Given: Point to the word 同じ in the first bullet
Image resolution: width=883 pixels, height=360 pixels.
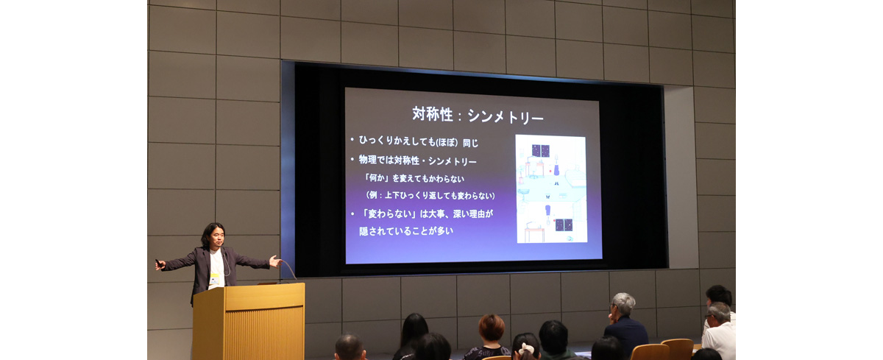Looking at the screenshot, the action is click(x=471, y=143).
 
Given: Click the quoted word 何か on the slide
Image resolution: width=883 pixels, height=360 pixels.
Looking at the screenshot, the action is click(x=377, y=178).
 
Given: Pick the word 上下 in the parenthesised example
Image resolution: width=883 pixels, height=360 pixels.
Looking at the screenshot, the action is click(x=392, y=195).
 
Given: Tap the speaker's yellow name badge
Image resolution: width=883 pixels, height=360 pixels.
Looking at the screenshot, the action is click(x=214, y=279).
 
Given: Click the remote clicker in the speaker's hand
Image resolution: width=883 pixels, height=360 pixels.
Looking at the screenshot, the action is click(x=159, y=263).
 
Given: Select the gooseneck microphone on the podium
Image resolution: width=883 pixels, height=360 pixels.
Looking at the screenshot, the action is click(x=288, y=269).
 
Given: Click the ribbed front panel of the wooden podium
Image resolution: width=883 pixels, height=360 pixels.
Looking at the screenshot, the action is click(x=263, y=333).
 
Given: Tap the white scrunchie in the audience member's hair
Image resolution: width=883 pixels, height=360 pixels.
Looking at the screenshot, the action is click(x=525, y=349).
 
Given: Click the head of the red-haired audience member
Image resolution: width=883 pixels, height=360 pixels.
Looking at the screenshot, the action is click(x=492, y=328).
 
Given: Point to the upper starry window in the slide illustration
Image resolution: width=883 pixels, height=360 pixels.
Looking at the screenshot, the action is click(x=540, y=151).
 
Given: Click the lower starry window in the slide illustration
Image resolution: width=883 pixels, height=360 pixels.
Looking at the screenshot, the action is click(x=564, y=225).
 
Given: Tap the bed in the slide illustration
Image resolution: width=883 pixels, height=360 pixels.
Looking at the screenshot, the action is click(x=576, y=177).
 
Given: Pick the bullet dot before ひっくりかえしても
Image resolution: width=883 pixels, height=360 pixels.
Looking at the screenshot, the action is click(x=352, y=140).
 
